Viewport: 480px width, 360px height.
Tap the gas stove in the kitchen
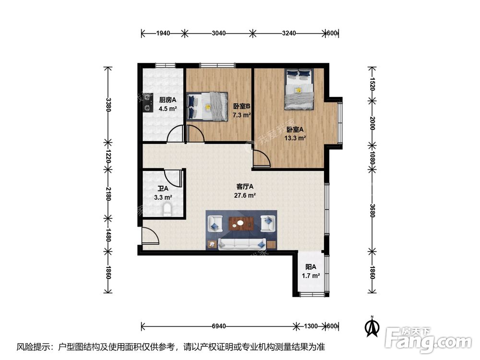148,102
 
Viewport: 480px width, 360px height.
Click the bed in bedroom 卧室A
300,89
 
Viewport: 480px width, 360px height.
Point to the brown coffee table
241,224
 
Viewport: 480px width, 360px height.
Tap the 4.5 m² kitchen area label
168,108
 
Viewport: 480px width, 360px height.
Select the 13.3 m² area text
295,138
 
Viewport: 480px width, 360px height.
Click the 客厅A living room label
245,186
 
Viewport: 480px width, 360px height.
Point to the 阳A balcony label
311,267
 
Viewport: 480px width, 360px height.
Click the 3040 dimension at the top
218,33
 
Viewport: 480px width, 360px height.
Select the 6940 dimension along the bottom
218,326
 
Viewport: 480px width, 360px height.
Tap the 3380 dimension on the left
108,104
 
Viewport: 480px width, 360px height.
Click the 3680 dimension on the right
372,211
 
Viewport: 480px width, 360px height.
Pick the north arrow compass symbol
372,326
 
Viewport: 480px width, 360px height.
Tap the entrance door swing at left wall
150,236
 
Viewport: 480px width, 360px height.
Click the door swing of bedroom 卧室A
262,158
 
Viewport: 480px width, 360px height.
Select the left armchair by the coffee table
215,224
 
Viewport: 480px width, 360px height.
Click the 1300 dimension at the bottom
311,326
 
